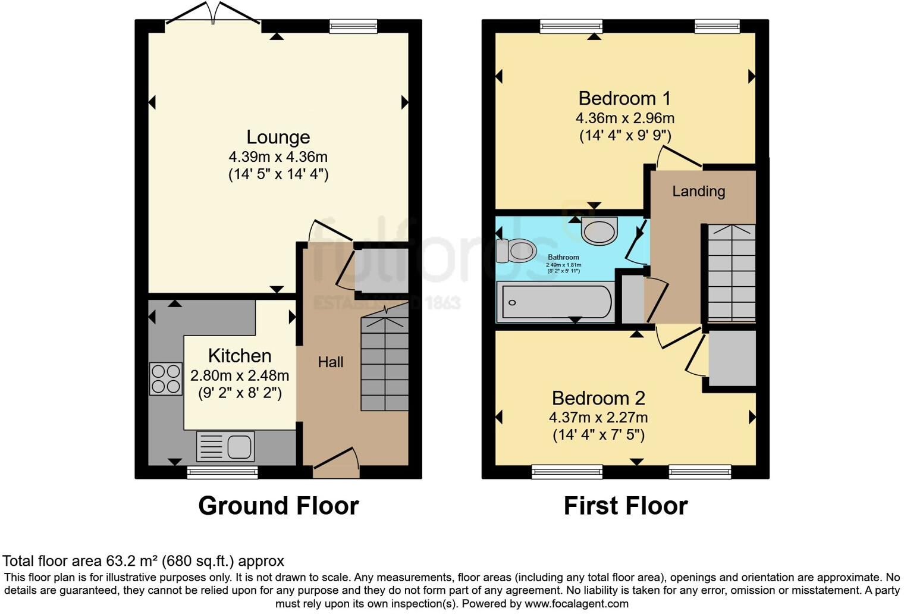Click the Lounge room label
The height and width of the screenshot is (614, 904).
tap(278, 137)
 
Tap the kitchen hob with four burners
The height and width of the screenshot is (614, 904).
tap(165, 379)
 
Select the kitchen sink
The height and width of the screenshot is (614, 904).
tap(225, 446)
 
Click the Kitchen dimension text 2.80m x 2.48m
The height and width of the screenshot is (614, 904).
tap(240, 376)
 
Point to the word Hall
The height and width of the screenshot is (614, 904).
tap(331, 362)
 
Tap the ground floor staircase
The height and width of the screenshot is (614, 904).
tap(385, 364)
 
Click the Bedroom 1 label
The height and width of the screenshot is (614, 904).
tap(624, 98)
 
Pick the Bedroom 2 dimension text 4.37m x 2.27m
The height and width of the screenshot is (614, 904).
tap(598, 418)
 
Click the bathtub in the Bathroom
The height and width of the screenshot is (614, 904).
tap(556, 302)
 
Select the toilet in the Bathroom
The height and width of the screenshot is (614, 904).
tap(516, 251)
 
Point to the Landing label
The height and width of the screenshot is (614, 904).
tap(698, 192)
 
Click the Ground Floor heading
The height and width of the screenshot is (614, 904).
tap(278, 506)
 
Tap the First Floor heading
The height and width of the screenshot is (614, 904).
tap(626, 506)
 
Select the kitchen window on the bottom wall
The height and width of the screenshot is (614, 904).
tap(222, 473)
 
